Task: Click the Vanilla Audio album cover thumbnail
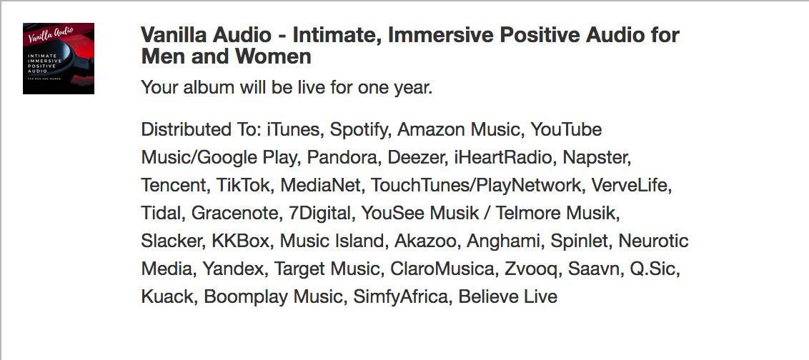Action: pyautogui.click(x=59, y=59)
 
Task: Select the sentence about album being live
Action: pyautogui.click(x=287, y=88)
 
